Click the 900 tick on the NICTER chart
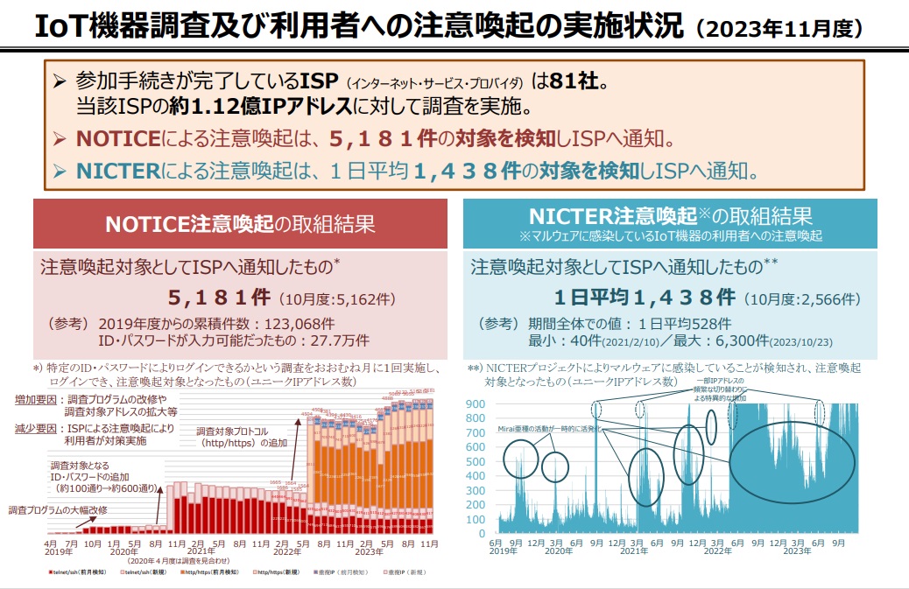pos(475,404)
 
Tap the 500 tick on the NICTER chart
pos(475,461)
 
